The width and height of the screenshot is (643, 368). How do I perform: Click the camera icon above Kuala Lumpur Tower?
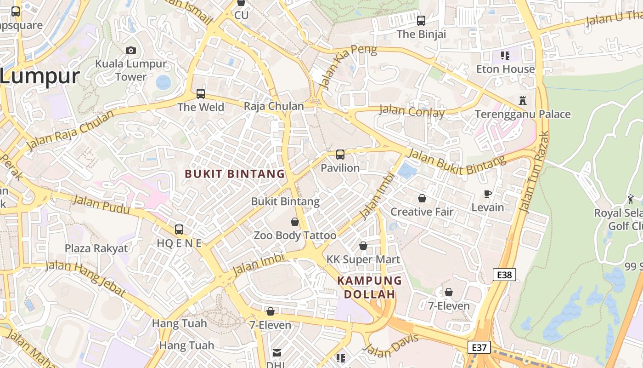[x=131, y=50]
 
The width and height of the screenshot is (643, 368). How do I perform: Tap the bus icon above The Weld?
[x=201, y=94]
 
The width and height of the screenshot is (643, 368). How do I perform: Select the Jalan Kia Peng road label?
[x=348, y=67]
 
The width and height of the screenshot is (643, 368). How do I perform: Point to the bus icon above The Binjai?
[x=421, y=21]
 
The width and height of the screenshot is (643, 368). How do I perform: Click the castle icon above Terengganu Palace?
[x=522, y=100]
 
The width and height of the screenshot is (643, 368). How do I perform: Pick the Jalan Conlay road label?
[x=412, y=111]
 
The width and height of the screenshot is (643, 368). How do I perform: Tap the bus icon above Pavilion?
[x=340, y=155]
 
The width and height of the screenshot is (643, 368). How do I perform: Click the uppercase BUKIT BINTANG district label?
[x=235, y=174]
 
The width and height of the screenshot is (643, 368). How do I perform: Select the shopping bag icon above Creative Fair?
[x=422, y=198]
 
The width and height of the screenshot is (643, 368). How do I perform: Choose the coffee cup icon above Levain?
[x=488, y=194]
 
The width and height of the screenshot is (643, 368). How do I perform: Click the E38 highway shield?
[x=504, y=275]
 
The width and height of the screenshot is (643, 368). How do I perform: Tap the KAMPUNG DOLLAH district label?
[x=369, y=287]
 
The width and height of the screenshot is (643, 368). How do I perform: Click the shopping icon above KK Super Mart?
[x=363, y=246]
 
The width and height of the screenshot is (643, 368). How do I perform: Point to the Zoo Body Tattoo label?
[x=295, y=236]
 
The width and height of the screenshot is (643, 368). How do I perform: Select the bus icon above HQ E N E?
[x=179, y=229]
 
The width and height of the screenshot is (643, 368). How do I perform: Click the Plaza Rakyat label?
[x=96, y=248]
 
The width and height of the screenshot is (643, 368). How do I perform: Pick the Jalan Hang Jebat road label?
[x=85, y=279]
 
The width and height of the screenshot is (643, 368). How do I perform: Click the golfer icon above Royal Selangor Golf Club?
[x=631, y=199]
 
